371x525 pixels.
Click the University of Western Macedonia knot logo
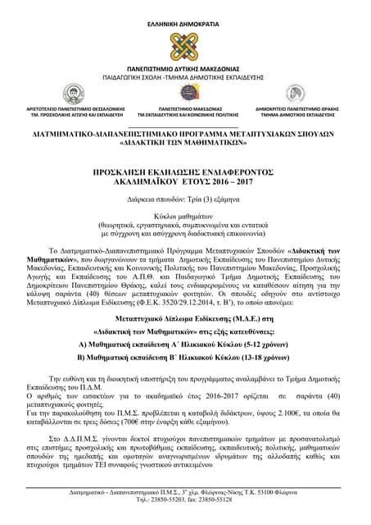185,48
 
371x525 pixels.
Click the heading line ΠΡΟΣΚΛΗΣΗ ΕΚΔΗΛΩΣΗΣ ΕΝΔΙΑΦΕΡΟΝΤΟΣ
185,165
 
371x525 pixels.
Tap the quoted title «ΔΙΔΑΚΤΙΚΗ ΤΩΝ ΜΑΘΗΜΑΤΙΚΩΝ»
185,141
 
